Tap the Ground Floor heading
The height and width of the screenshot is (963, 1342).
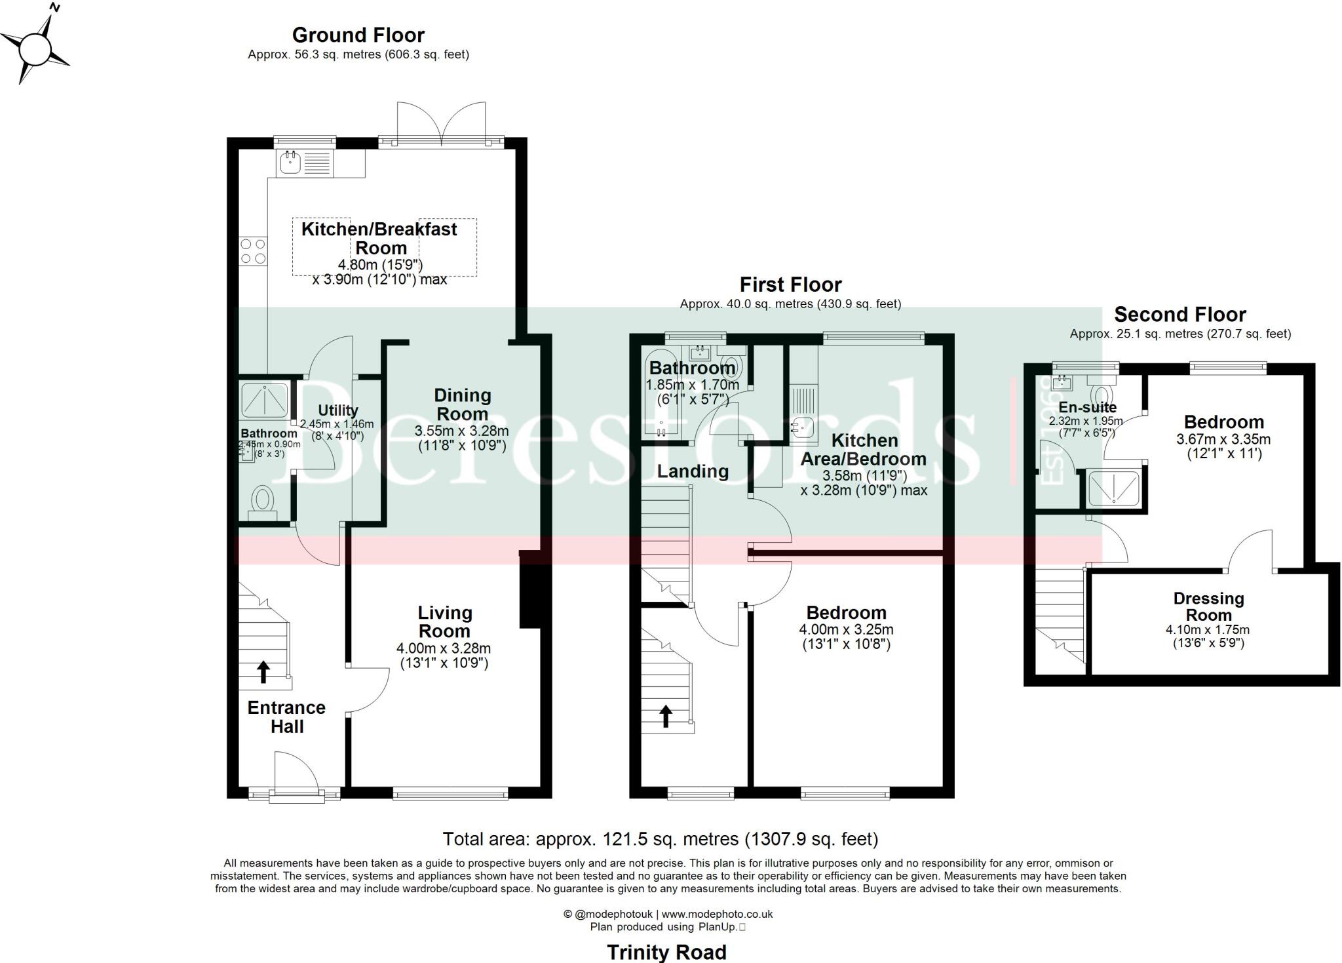tap(358, 35)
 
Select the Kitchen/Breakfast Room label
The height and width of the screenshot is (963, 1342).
tap(379, 239)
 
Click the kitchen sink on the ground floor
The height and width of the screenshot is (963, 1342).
tap(290, 163)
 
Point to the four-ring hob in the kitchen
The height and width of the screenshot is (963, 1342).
tap(253, 251)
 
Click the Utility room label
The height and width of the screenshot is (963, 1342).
tap(338, 410)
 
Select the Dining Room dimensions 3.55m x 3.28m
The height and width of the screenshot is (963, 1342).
tap(462, 431)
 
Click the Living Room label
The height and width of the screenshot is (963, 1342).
tap(444, 622)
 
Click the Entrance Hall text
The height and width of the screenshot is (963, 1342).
tap(286, 717)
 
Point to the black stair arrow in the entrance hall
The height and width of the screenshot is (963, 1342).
tap(263, 672)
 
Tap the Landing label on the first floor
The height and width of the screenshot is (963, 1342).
tap(693, 471)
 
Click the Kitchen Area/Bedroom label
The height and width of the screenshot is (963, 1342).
tap(864, 450)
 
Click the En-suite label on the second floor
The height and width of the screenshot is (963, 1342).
tap(1087, 407)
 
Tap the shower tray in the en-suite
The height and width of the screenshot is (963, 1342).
tap(1113, 489)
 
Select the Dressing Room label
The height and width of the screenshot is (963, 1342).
tap(1208, 607)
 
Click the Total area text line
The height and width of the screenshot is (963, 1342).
tap(661, 839)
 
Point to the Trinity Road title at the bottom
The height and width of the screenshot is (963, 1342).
tap(666, 951)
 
